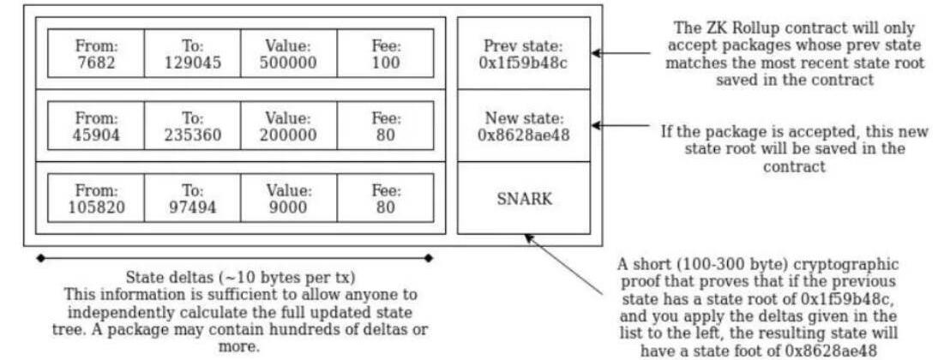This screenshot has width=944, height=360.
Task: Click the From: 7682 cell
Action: [x=95, y=53]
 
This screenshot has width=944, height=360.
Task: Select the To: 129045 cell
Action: [x=192, y=53]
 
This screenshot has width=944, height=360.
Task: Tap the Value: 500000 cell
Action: [x=289, y=53]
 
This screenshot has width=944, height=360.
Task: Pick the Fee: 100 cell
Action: [x=385, y=53]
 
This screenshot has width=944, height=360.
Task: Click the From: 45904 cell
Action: [x=95, y=125]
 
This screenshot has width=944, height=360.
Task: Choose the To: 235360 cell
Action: [x=192, y=125]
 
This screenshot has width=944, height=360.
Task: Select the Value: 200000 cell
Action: [x=289, y=125]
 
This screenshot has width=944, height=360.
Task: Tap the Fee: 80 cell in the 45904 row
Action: [x=385, y=125]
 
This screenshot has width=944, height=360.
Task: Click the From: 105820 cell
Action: [x=95, y=198]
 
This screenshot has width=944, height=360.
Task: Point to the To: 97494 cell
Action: [x=192, y=198]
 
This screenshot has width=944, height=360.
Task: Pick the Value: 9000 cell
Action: [x=289, y=198]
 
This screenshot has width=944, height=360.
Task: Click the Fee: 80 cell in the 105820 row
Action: [x=385, y=198]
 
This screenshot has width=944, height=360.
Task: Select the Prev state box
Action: [x=523, y=53]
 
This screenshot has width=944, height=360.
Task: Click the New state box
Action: [x=523, y=125]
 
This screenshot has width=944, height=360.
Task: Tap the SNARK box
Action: [x=523, y=198]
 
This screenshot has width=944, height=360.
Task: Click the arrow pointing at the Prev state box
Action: [x=626, y=53]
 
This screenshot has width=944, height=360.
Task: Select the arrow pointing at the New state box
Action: [x=626, y=125]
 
